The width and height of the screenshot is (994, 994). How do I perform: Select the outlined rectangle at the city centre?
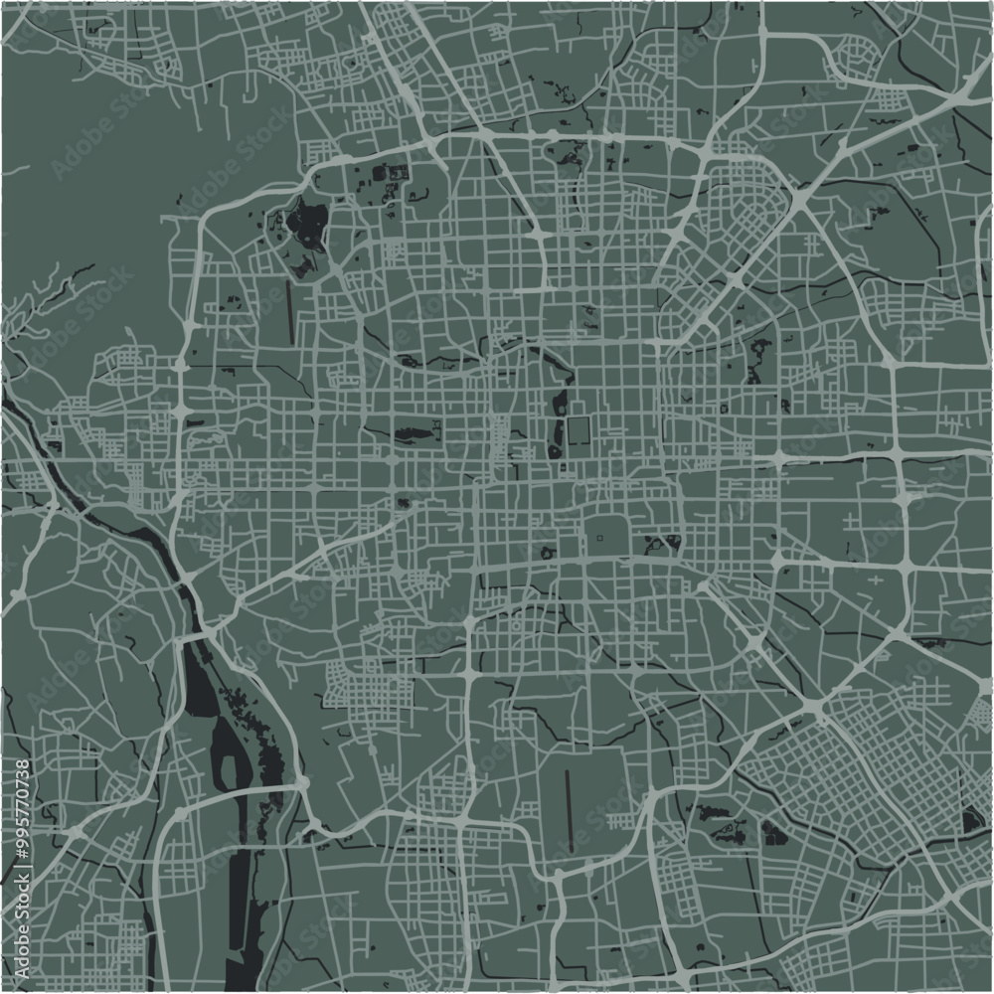pyautogui.click(x=580, y=432)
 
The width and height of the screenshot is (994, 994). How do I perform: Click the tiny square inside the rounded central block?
pyautogui.click(x=601, y=538)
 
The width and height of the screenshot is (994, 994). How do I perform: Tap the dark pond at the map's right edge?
pyautogui.click(x=971, y=820)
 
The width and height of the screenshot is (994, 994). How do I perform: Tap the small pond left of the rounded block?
pyautogui.click(x=547, y=553)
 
